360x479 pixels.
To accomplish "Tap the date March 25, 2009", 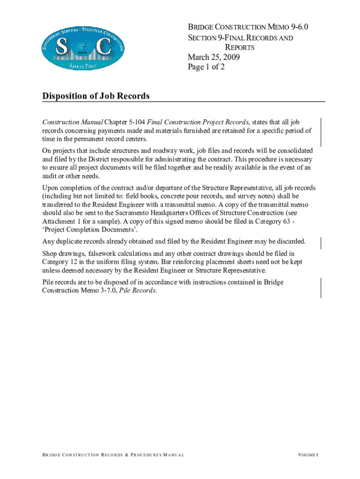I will tap(214, 58).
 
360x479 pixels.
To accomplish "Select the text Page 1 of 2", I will tap(206, 67).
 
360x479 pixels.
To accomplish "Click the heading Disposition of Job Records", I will tap(96, 96).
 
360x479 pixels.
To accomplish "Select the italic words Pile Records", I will tap(138, 290).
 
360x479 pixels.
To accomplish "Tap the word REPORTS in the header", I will tap(240, 48).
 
